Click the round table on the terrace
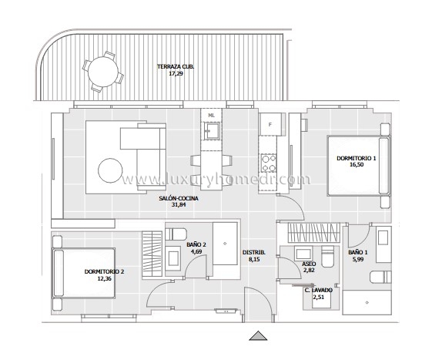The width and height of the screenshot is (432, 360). (x=103, y=72)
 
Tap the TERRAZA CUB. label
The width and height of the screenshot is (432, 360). (x=176, y=66)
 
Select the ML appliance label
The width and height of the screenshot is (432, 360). (x=211, y=116)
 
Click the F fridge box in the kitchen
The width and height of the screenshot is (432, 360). (x=270, y=124)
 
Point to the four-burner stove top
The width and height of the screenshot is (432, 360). (x=269, y=163)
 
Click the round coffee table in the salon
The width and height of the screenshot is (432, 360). (x=110, y=170)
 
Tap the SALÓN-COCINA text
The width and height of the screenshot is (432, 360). (x=179, y=198)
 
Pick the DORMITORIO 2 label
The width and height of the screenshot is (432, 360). (x=104, y=271)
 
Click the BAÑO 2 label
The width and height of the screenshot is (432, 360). (x=196, y=244)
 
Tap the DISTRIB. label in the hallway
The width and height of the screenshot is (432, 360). (x=254, y=252)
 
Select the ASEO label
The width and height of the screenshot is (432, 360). (x=309, y=264)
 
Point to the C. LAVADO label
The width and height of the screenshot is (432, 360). (x=319, y=290)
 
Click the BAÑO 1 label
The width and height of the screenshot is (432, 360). (x=357, y=252)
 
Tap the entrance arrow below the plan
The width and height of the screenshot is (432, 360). (x=258, y=335)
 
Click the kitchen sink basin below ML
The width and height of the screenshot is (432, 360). (x=212, y=130)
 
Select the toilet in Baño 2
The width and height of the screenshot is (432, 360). (x=176, y=234)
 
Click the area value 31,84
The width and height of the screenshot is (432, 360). (x=179, y=205)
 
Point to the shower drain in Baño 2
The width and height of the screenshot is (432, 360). (x=225, y=244)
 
